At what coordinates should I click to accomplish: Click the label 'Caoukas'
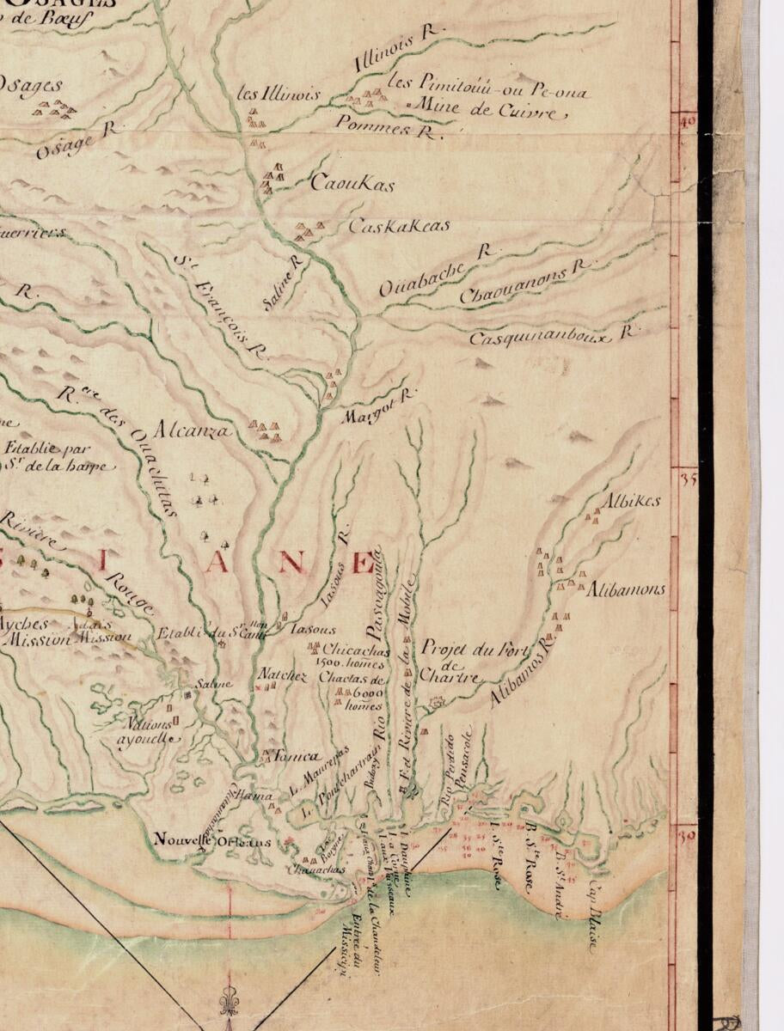[x=352, y=183]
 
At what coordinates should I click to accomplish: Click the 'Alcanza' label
[x=193, y=430]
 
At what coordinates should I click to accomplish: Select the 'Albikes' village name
[x=631, y=500]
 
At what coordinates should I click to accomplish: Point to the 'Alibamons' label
[x=627, y=590]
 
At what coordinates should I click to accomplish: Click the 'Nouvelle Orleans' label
[x=212, y=841]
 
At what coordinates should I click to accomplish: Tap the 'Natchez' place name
[x=283, y=676]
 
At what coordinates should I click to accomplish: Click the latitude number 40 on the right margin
[x=687, y=122]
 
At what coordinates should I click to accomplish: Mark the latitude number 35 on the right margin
[x=688, y=479]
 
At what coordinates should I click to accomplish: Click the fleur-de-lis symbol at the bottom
[x=228, y=1000]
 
